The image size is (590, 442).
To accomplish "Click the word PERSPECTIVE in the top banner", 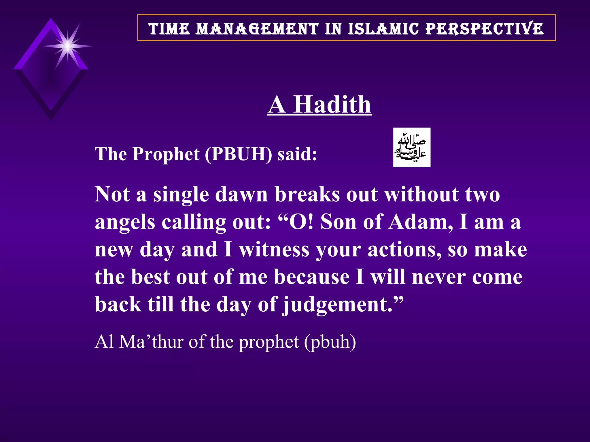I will (484, 29).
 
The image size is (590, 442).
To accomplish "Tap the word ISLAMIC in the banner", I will (383, 29).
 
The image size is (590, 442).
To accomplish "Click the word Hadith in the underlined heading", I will (332, 104).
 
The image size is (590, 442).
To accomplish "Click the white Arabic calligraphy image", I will (412, 147).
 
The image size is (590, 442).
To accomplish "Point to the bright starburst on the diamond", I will (67, 46).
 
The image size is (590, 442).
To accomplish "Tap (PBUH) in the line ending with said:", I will (238, 154).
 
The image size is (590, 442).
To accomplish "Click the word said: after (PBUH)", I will (297, 154).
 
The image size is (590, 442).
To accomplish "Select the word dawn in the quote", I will (241, 195).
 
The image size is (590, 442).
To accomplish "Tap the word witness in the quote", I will (274, 249).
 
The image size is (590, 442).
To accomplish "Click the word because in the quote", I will (312, 277).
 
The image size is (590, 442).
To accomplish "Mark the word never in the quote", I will (438, 277).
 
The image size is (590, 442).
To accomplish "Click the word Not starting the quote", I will (112, 195).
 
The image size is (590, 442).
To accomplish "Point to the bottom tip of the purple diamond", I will (51, 119).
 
